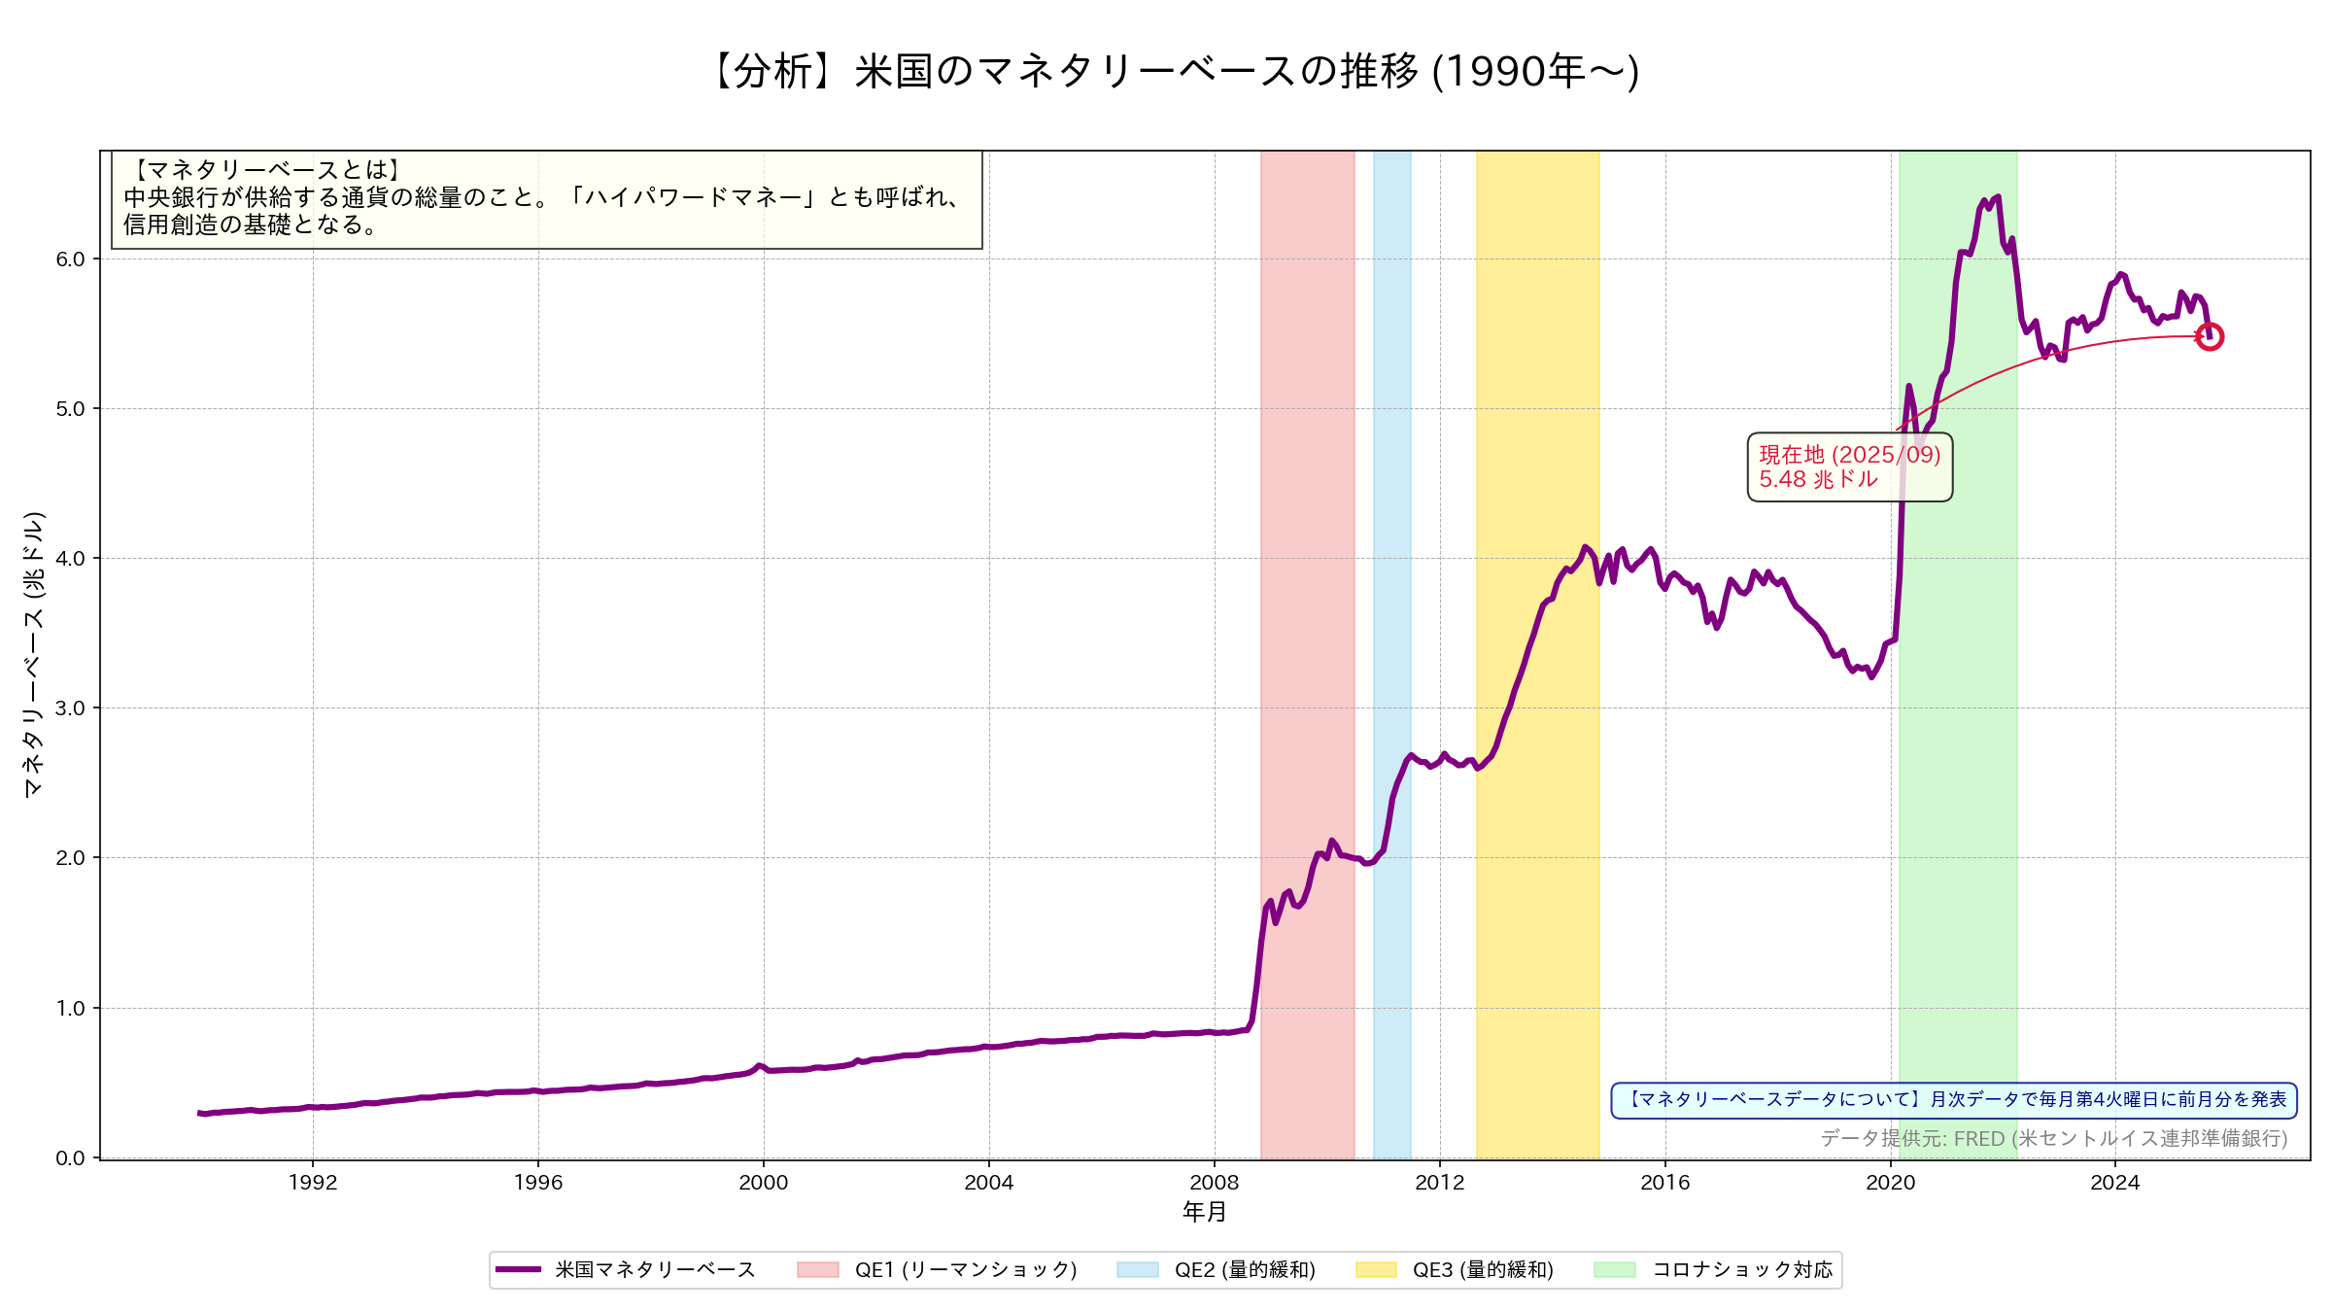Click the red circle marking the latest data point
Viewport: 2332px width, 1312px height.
tap(2209, 337)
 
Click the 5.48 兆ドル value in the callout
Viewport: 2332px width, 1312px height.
tap(1817, 479)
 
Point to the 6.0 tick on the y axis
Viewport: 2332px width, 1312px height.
tap(70, 259)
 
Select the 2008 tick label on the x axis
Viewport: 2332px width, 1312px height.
tap(1214, 1182)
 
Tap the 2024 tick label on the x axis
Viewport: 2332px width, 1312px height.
tap(2115, 1182)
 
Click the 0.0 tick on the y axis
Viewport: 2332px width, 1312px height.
tap(70, 1157)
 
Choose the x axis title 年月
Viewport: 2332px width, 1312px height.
tap(1204, 1212)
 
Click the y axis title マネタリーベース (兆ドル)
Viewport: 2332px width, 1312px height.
tap(34, 654)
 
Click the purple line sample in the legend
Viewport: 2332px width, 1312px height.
tap(518, 1269)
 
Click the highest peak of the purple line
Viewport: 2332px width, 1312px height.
tap(1997, 197)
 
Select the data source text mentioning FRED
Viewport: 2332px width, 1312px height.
tap(2053, 1138)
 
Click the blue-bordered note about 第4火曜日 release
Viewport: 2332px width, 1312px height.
tap(1954, 1100)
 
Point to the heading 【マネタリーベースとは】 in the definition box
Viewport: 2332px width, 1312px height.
tap(264, 170)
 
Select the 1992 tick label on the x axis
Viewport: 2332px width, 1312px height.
tap(313, 1182)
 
